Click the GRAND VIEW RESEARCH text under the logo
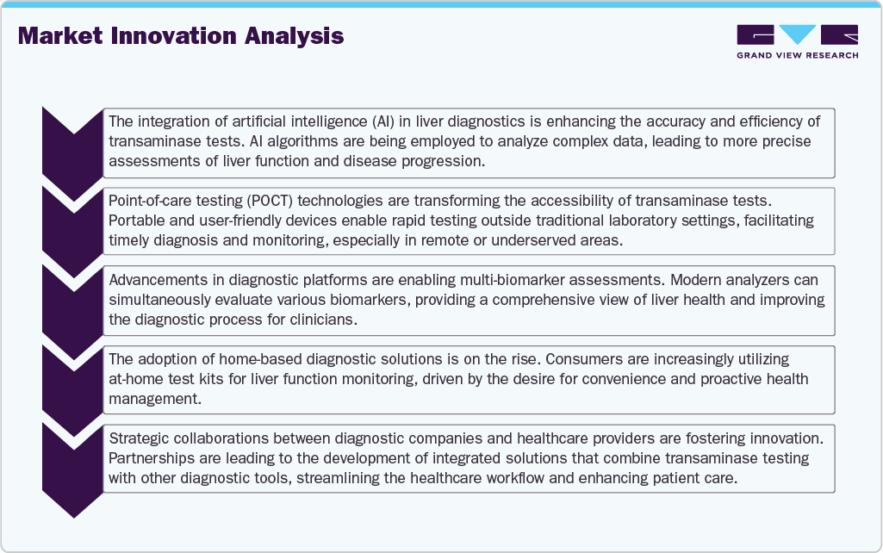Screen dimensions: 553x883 coord(797,56)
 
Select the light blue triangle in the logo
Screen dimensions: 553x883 coord(797,34)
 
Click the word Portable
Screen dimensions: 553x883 coord(135,221)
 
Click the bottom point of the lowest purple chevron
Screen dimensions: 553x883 coord(74,517)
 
